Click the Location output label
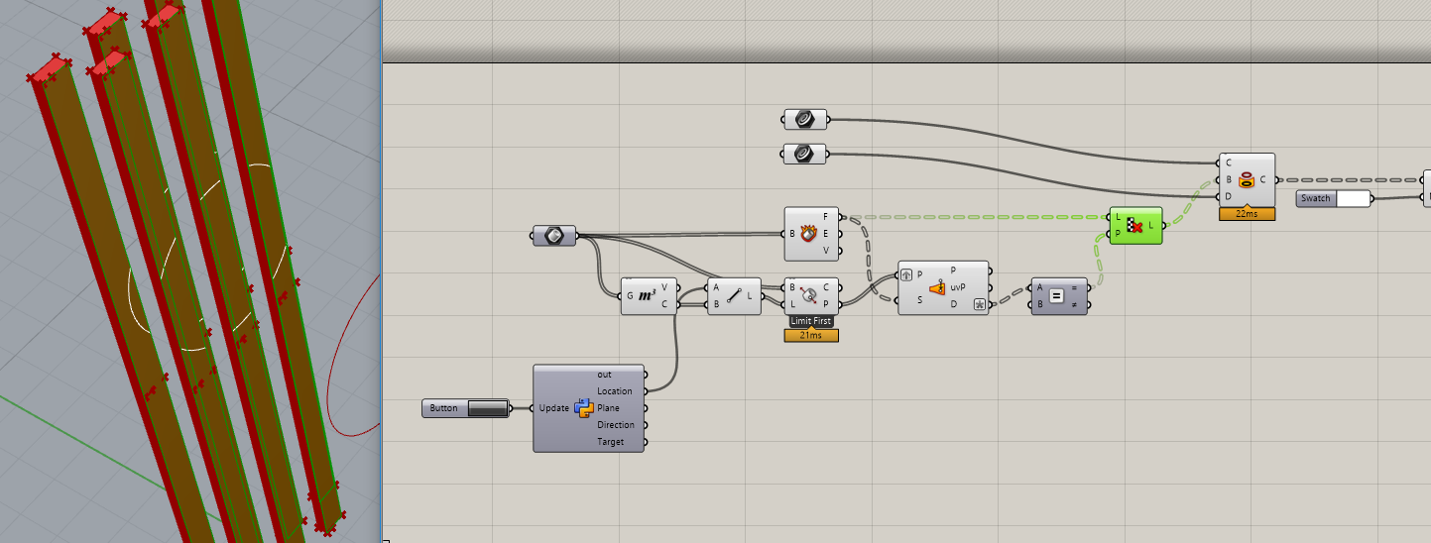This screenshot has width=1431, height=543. (x=615, y=391)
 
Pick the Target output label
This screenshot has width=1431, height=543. (x=611, y=442)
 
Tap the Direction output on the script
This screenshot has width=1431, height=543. (x=616, y=425)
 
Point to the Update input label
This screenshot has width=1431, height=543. (x=553, y=408)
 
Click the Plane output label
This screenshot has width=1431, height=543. (x=609, y=408)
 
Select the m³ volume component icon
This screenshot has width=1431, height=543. (x=647, y=295)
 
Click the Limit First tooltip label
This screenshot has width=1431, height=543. (x=810, y=322)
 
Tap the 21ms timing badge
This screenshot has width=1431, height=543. (x=810, y=336)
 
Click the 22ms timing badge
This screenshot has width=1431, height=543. (x=1247, y=214)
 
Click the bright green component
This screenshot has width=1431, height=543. (x=1135, y=226)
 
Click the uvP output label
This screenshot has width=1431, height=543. (x=958, y=286)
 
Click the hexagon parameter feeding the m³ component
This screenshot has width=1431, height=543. (x=553, y=236)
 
